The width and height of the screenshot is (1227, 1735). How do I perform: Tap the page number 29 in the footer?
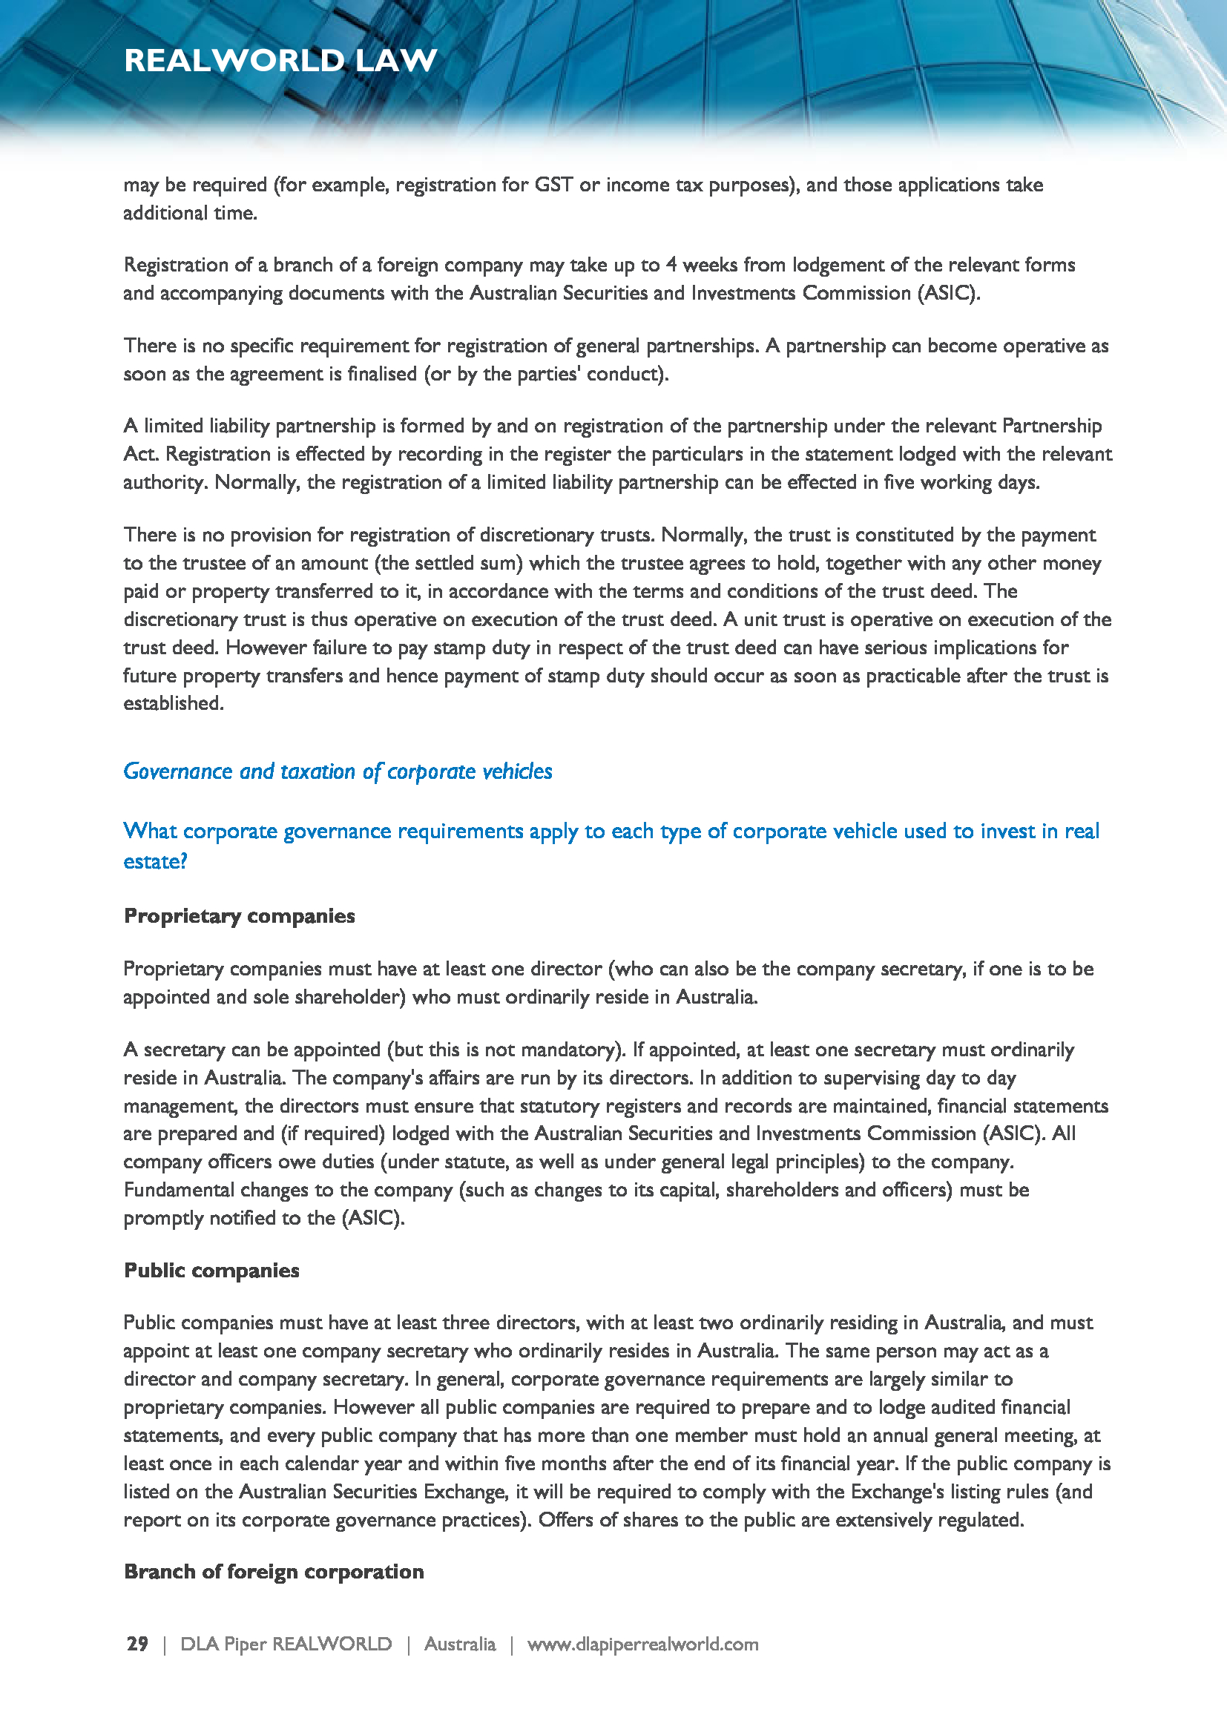[137, 1644]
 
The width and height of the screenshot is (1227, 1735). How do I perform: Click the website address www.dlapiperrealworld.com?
[642, 1644]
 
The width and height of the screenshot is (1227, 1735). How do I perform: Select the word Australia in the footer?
[459, 1644]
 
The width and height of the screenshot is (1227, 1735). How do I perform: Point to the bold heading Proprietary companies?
[239, 916]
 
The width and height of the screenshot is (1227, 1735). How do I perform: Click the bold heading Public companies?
[211, 1270]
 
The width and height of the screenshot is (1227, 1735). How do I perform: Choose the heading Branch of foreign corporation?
[274, 1572]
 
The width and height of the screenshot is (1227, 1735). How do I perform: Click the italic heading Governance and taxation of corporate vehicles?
[338, 771]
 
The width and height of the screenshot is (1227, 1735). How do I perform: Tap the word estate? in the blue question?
[155, 861]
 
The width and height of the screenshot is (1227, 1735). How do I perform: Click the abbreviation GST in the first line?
[553, 185]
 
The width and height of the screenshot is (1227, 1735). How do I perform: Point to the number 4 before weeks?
[671, 266]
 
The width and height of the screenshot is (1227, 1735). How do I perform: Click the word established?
[173, 703]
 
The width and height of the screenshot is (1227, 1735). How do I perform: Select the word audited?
[959, 1407]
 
